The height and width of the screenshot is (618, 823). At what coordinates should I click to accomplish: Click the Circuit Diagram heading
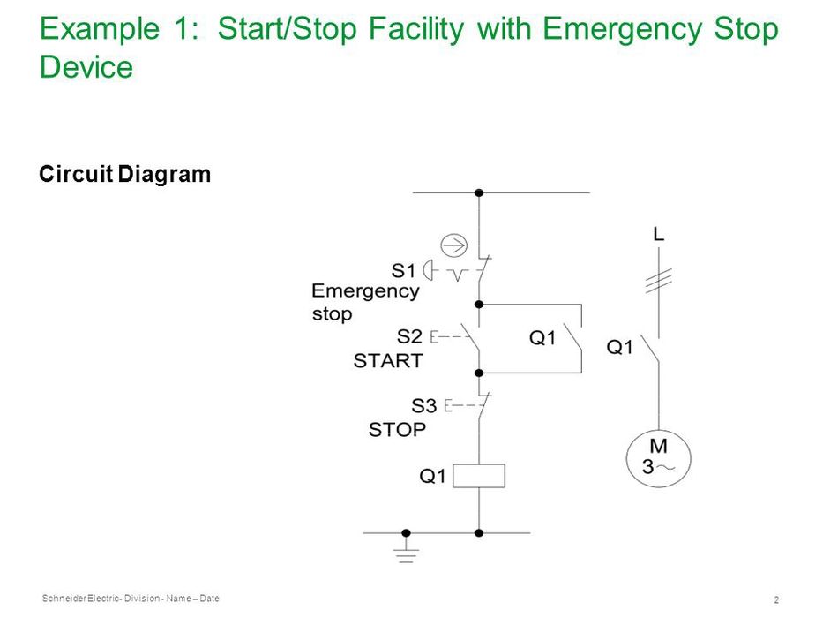click(x=125, y=174)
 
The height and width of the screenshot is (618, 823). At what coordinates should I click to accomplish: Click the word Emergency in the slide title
click(x=622, y=29)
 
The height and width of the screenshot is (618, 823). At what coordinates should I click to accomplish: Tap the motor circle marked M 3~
click(x=658, y=459)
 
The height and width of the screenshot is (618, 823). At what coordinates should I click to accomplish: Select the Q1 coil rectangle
click(x=479, y=476)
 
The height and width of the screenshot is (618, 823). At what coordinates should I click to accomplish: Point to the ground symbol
click(x=407, y=552)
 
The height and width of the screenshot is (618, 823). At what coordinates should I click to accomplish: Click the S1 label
click(x=403, y=271)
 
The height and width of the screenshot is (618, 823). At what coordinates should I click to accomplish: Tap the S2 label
click(x=409, y=336)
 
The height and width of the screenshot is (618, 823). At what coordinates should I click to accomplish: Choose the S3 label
click(x=423, y=406)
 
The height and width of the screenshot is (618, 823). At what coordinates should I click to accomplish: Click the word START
click(x=388, y=360)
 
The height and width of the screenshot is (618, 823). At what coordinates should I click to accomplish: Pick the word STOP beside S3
click(x=397, y=430)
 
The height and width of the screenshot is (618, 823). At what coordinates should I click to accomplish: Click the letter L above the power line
click(x=659, y=233)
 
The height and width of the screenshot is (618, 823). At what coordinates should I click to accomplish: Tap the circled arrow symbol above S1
click(x=453, y=245)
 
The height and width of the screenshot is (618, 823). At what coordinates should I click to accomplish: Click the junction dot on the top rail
click(x=479, y=192)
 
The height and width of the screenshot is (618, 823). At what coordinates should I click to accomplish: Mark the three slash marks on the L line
click(x=659, y=281)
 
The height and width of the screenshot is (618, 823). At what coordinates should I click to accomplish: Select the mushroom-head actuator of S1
click(x=429, y=271)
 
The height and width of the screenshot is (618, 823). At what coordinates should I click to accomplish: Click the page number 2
click(x=776, y=599)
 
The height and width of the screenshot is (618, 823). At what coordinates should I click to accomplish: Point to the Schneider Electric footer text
click(x=131, y=598)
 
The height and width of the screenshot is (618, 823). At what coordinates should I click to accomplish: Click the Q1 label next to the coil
click(x=432, y=476)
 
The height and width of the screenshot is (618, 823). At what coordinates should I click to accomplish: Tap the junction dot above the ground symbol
click(x=407, y=533)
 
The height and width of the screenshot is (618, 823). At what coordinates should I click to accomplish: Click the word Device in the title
click(x=86, y=67)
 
